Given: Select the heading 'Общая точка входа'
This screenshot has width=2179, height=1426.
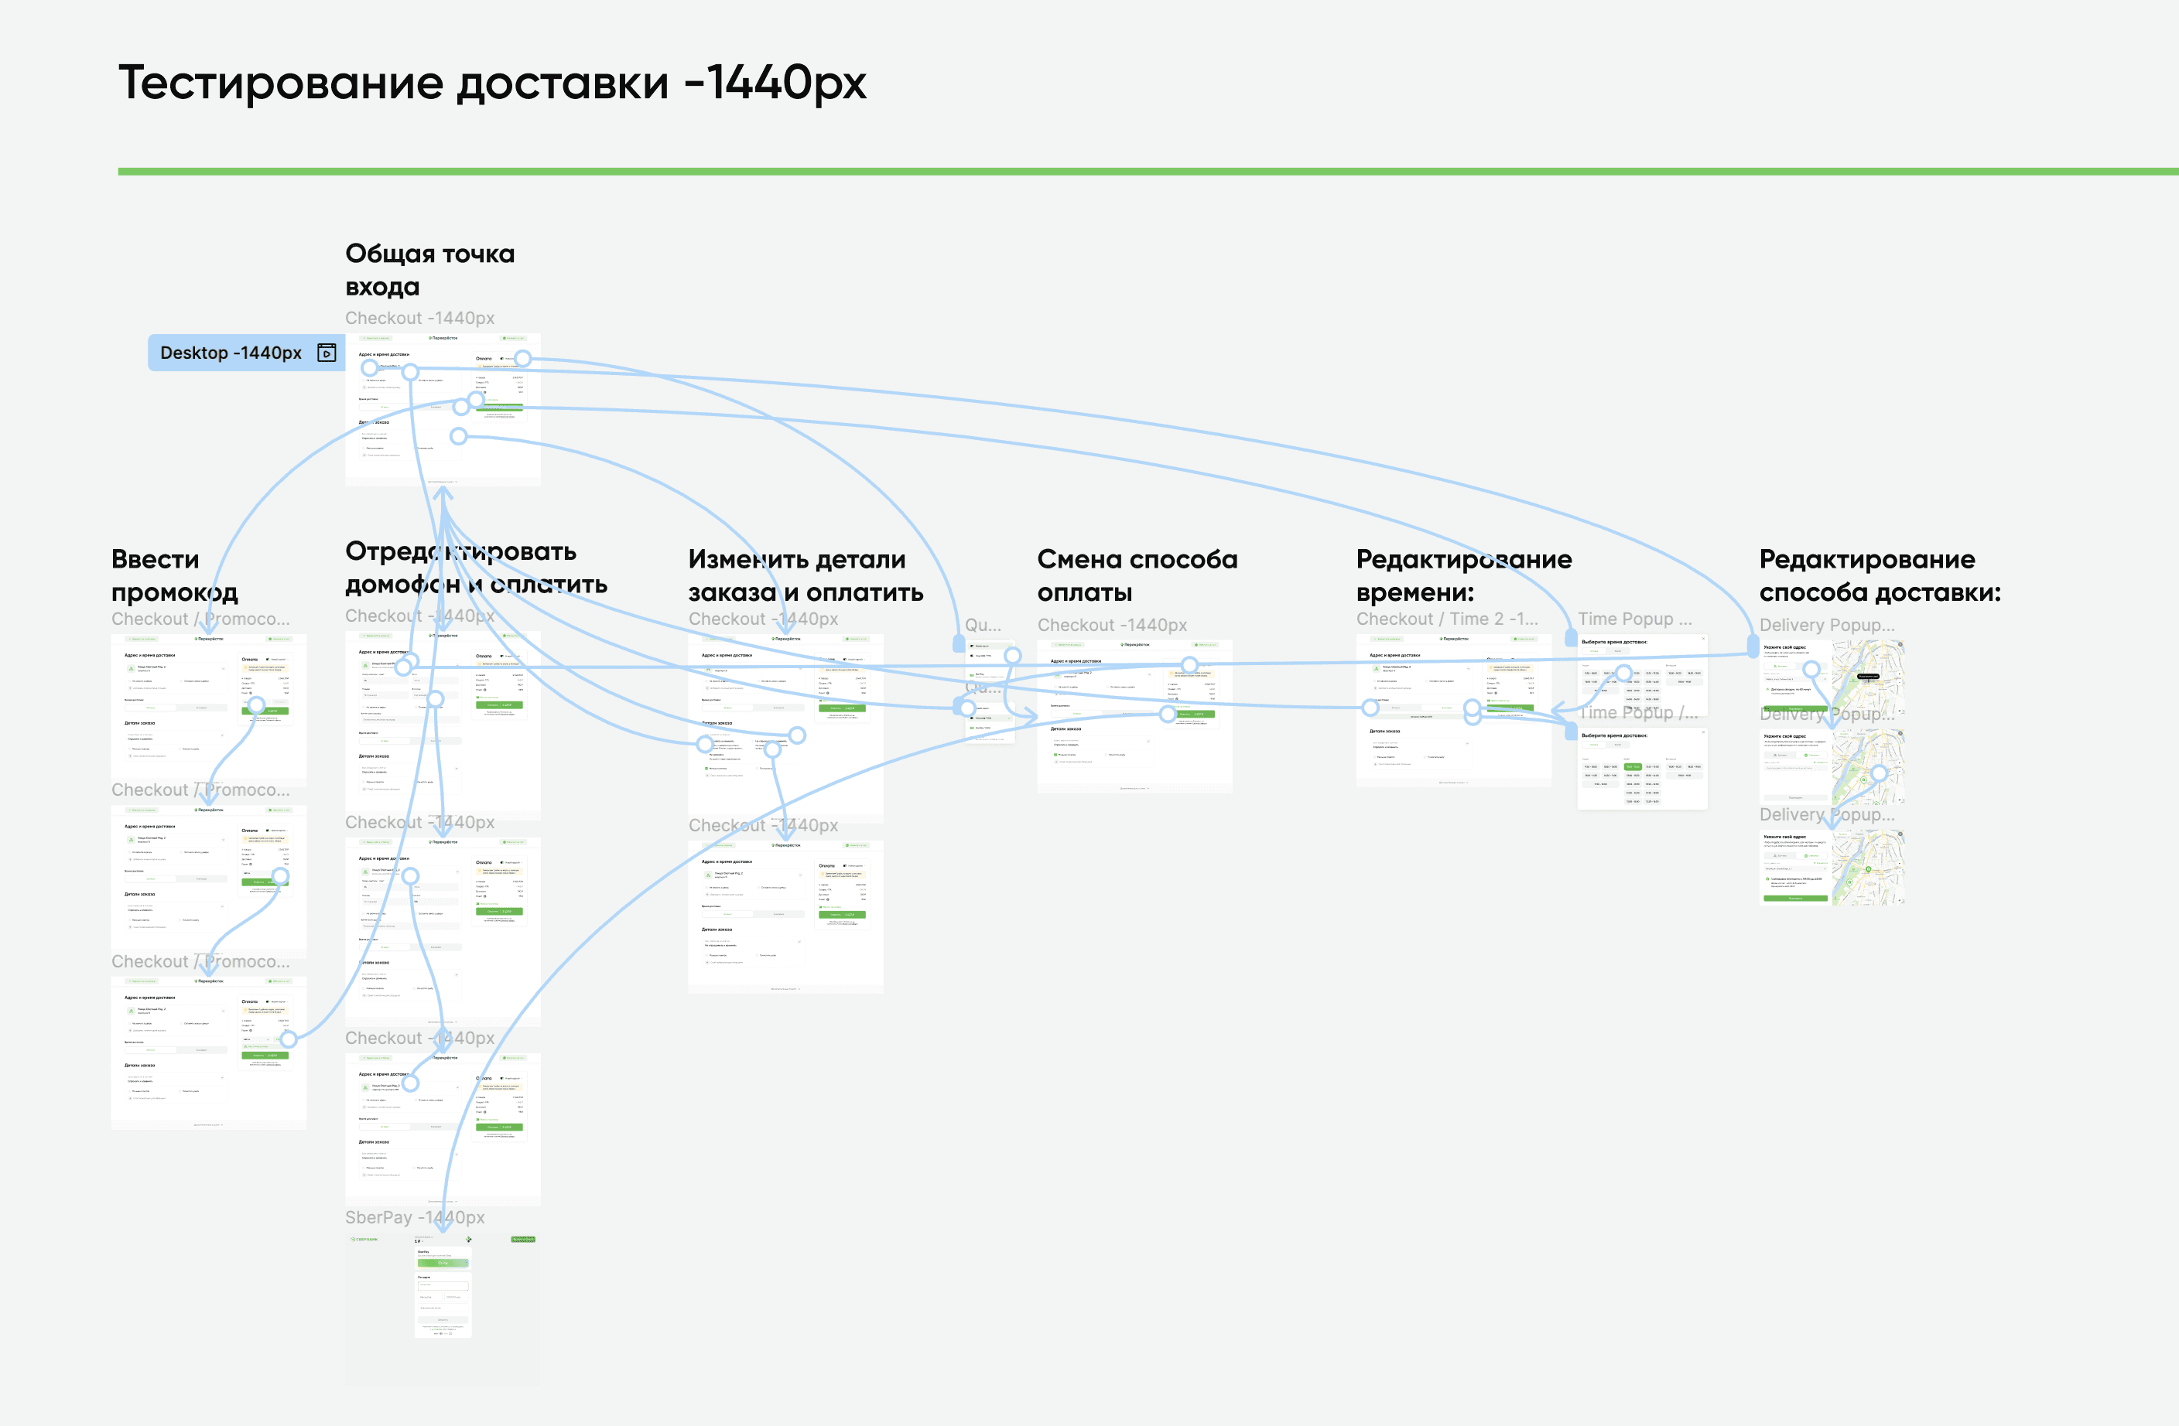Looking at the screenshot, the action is click(429, 270).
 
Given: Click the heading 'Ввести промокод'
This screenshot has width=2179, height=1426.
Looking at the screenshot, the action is click(174, 575).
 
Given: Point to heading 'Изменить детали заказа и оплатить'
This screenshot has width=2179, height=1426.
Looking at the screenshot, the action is click(805, 575).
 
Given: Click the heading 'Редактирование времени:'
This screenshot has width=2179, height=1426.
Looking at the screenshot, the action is click(1463, 575).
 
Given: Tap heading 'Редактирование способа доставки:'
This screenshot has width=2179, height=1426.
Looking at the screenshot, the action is click(1879, 575).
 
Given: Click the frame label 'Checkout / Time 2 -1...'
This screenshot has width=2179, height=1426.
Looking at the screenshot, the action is click(1446, 619).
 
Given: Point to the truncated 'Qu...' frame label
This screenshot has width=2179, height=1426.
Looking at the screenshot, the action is click(983, 625).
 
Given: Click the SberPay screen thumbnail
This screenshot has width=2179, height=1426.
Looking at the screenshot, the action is click(442, 1309).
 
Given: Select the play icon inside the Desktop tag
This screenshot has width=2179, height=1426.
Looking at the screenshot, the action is click(327, 353).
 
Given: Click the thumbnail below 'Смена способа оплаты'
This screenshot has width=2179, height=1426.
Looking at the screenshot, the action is click(1134, 716).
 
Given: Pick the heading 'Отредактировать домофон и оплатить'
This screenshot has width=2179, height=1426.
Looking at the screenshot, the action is click(475, 568).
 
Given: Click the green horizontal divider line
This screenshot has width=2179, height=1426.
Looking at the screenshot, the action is click(1144, 171).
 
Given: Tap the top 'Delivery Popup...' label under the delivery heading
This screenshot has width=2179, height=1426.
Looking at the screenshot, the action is click(1826, 625).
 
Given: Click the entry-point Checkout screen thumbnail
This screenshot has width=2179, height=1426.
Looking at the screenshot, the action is click(442, 409).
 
